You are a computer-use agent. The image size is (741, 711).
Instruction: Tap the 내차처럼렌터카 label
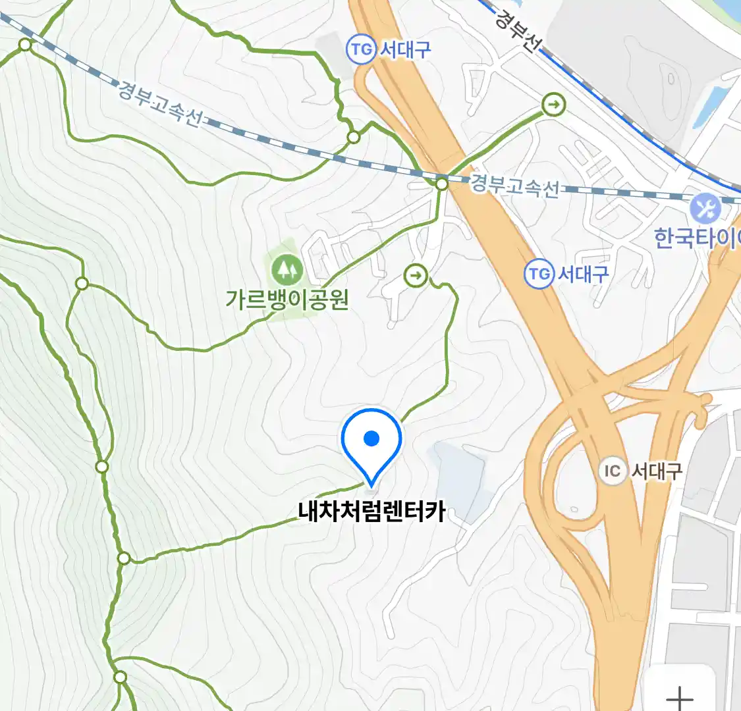coord(371,512)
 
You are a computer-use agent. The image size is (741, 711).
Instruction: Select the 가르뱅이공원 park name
coord(287,300)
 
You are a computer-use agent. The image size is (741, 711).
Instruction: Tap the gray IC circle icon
coord(613,471)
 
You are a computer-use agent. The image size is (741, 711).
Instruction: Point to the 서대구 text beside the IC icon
coord(657,471)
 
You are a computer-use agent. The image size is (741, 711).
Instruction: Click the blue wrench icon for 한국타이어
coord(705,209)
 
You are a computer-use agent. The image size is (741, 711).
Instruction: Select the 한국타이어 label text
coord(697,238)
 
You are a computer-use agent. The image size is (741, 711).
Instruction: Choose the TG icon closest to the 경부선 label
coord(361,49)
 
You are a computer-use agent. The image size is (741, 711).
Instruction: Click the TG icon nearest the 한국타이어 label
coord(539,273)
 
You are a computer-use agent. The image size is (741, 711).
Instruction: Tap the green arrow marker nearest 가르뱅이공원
coord(416,275)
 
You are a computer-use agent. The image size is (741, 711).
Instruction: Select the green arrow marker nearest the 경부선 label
coord(555,104)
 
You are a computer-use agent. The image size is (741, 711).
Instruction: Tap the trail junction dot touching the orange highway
coord(442,184)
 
